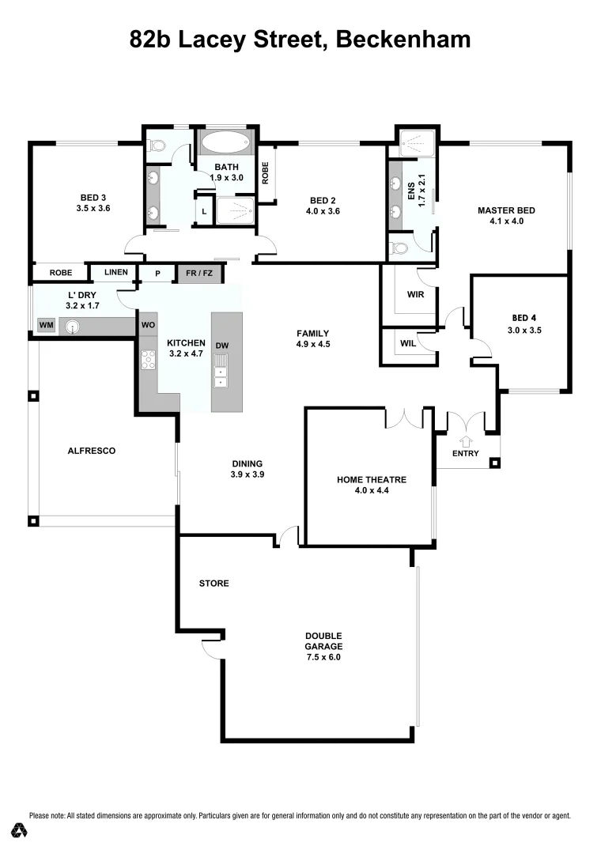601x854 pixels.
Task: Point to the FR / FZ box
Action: click(x=200, y=274)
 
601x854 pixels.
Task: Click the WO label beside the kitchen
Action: click(x=148, y=325)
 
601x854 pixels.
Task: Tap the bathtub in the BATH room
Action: click(x=225, y=144)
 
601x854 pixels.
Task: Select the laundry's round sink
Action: click(x=74, y=326)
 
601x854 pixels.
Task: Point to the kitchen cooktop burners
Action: click(x=148, y=360)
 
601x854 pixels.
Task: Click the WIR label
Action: click(x=416, y=295)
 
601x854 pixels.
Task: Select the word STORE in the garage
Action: click(x=214, y=584)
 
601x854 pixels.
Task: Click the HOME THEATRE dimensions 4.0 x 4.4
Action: click(x=372, y=491)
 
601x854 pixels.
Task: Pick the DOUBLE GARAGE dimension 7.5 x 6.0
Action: click(x=324, y=657)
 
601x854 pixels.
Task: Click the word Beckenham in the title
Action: click(x=403, y=40)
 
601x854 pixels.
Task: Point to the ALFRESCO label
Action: click(x=92, y=451)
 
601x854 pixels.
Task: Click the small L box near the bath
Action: click(x=205, y=212)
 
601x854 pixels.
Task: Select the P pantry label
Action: click(x=158, y=274)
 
